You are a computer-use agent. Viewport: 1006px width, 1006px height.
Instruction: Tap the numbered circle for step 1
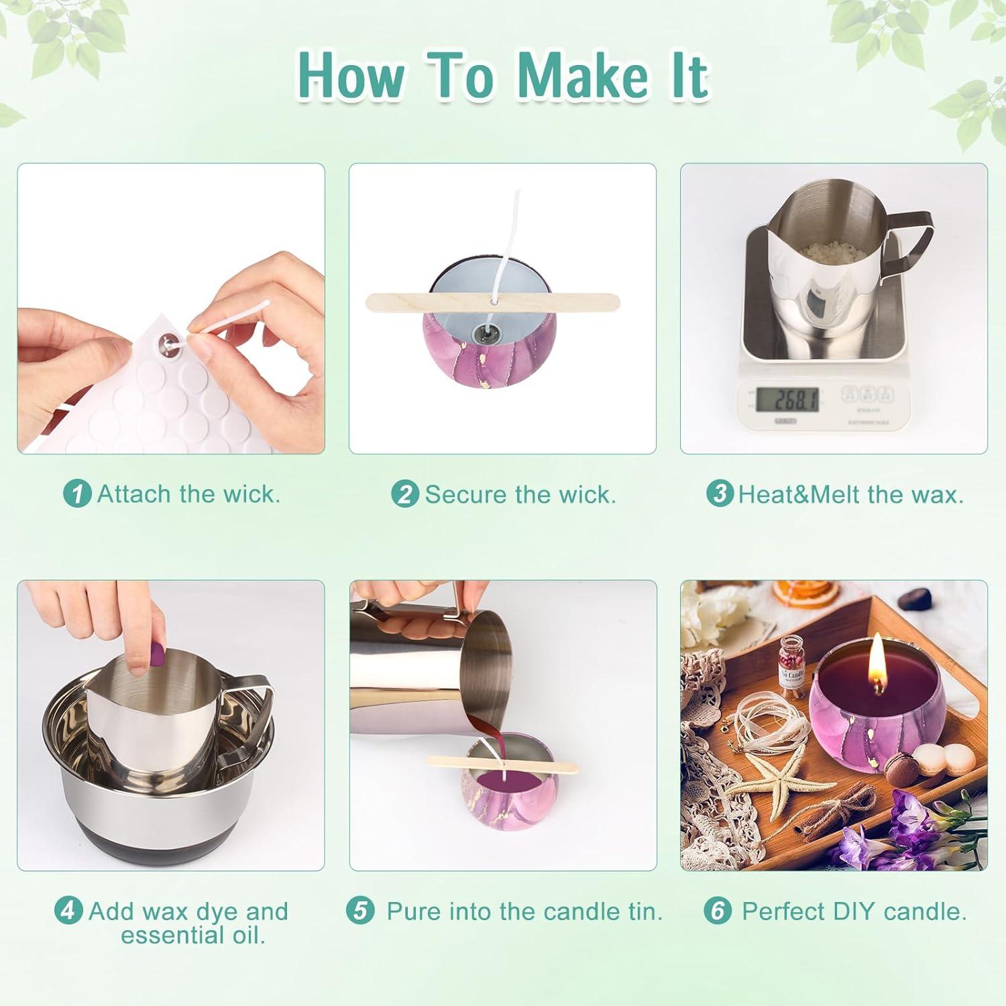point(77,494)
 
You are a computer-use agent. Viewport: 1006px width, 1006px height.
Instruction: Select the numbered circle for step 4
point(68,911)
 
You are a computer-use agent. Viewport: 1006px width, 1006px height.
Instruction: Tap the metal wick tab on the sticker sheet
point(166,343)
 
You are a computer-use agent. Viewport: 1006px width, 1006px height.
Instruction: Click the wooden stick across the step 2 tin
point(494,301)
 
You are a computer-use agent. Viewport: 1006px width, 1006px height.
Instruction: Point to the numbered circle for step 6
point(718,911)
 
